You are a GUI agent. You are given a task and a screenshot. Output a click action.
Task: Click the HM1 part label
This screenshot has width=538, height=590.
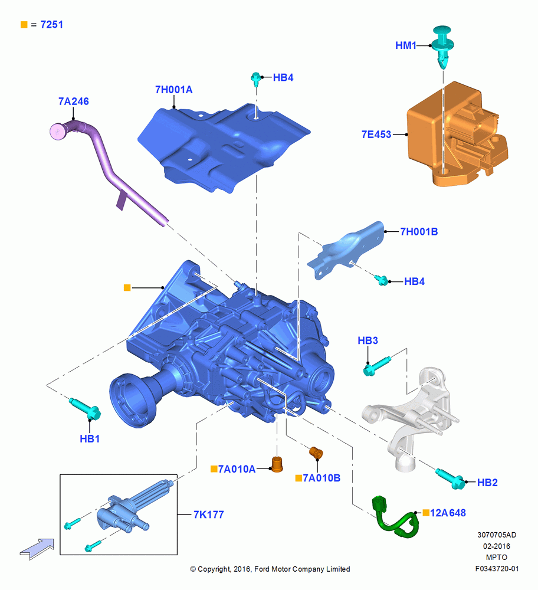click(406, 45)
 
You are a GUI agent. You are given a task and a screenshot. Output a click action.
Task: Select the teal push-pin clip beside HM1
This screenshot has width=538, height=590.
click(442, 46)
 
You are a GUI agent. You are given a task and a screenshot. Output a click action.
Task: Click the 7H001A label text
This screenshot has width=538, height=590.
click(174, 90)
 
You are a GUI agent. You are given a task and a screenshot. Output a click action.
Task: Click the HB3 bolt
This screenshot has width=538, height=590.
click(376, 366)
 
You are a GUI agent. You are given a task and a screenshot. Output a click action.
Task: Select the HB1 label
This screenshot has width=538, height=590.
click(90, 439)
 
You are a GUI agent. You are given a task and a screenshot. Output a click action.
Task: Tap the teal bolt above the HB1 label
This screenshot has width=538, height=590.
click(85, 409)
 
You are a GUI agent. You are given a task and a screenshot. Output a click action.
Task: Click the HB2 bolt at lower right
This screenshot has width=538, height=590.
click(450, 478)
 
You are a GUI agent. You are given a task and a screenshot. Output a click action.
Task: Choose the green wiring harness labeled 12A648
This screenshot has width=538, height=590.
click(395, 518)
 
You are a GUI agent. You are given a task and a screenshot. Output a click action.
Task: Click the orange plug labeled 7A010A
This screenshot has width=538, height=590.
click(277, 464)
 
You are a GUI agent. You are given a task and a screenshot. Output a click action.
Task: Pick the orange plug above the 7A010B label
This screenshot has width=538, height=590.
click(316, 453)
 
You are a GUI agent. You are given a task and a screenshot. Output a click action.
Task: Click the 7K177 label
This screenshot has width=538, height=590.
click(208, 514)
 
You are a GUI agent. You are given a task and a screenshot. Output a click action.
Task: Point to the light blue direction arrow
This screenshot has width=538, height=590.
click(37, 549)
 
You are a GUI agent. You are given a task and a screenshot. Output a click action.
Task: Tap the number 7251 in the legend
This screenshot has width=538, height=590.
click(51, 24)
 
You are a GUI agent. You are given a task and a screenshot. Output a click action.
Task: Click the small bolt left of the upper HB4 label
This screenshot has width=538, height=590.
click(256, 79)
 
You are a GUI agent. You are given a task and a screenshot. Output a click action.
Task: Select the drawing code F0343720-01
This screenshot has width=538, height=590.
click(497, 569)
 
